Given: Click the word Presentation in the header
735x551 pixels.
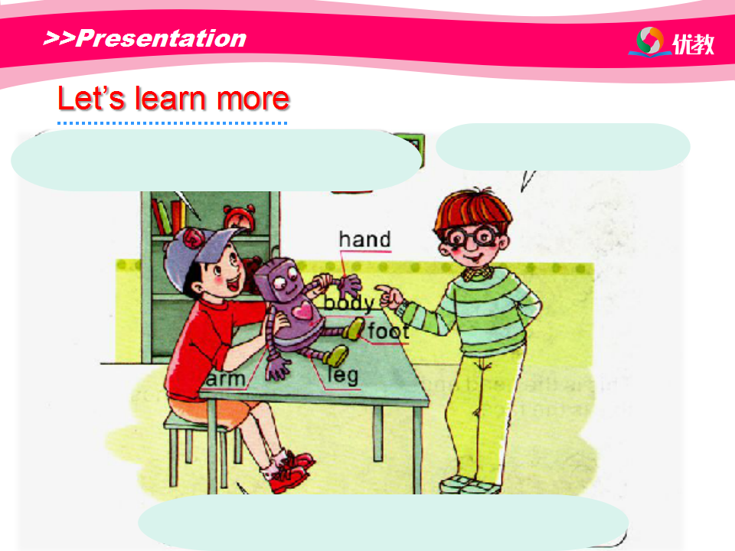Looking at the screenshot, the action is (162, 38).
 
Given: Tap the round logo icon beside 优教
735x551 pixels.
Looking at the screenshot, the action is (650, 41).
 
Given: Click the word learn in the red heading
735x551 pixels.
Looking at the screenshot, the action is (171, 99).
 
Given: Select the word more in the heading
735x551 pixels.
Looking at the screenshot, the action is (253, 99).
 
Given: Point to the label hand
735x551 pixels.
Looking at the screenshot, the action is (364, 239).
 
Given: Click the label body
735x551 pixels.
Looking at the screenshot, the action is (349, 304).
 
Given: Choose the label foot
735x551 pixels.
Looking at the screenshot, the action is (388, 331).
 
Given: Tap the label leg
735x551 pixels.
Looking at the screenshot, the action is (343, 375).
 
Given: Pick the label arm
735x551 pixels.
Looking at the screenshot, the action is (225, 379).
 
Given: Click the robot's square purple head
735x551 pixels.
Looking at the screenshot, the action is (279, 280).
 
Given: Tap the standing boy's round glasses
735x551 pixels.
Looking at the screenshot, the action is (473, 237).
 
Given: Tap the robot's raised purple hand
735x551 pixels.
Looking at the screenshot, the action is (348, 285).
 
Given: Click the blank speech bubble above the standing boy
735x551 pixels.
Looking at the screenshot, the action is (563, 147).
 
